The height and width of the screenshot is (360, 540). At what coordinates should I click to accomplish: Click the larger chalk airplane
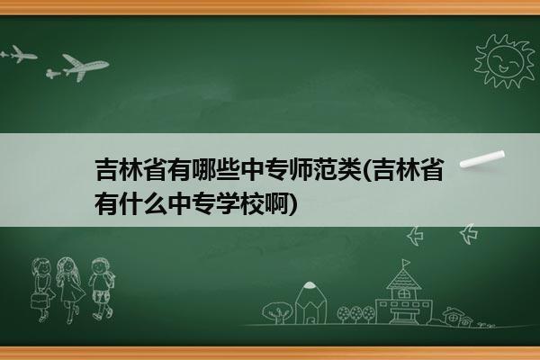(85, 67)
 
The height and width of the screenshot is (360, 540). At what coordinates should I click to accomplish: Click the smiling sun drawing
(505, 61)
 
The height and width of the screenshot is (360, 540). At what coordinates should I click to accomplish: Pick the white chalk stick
(482, 159)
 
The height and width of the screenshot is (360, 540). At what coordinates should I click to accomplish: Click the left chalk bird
(415, 236)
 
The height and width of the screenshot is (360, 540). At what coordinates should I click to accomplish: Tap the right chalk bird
(469, 234)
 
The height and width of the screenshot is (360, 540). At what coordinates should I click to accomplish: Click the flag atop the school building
(406, 263)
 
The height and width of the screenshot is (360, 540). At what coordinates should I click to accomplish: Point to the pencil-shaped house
(310, 303)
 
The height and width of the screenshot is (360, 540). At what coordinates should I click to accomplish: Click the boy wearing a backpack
(102, 289)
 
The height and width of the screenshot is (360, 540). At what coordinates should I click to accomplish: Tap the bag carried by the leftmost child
(39, 301)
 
